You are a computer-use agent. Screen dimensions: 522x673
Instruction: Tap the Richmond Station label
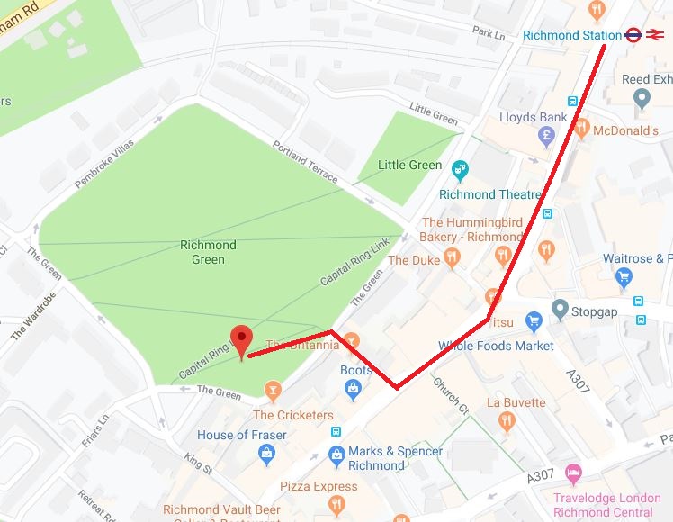571,35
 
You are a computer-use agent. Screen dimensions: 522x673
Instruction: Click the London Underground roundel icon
633,35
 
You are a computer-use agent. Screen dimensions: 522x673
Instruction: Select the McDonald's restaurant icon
581,130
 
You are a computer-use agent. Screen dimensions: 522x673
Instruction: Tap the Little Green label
409,165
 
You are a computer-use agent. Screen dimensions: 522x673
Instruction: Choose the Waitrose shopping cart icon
624,278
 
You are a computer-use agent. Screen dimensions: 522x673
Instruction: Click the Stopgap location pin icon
559,311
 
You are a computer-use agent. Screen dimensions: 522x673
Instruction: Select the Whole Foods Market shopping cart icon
534,320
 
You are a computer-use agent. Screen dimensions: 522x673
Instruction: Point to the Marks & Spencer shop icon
336,454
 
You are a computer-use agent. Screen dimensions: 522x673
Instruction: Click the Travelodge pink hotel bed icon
572,472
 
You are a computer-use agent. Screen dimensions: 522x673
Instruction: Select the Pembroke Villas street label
103,161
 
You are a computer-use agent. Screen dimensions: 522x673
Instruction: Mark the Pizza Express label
319,486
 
